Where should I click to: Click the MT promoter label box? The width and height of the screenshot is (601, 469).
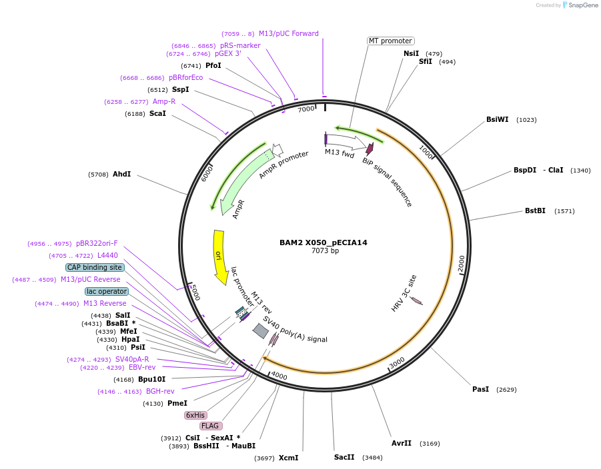coord(390,41)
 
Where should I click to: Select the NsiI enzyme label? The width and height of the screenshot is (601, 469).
coord(411,53)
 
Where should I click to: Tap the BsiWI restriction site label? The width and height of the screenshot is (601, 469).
coord(497,120)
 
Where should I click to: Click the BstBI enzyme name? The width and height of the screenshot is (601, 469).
coord(535,211)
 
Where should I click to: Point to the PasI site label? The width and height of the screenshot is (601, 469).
coord(480,389)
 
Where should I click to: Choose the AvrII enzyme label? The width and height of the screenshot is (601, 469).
coord(402,443)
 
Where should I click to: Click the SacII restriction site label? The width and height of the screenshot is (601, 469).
coord(344,457)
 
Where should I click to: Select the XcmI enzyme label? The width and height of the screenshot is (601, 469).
coord(288,458)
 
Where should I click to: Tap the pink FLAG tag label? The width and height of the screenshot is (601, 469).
coord(210,426)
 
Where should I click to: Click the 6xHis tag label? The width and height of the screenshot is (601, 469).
coord(195,415)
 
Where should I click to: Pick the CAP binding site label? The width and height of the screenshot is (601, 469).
coord(95,267)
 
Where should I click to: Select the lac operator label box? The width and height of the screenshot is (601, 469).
coord(107,291)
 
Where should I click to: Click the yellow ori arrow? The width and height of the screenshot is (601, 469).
coord(219,255)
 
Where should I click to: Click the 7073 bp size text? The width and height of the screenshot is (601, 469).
coord(325,251)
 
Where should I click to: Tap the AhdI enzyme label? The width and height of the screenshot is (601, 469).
coord(121,175)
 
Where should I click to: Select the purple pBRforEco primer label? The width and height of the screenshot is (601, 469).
coord(185,77)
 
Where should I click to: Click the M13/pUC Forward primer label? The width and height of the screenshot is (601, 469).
coord(288,33)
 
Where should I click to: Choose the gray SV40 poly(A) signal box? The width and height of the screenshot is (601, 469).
coord(260,330)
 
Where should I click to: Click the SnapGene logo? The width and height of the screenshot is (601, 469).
coord(580,5)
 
